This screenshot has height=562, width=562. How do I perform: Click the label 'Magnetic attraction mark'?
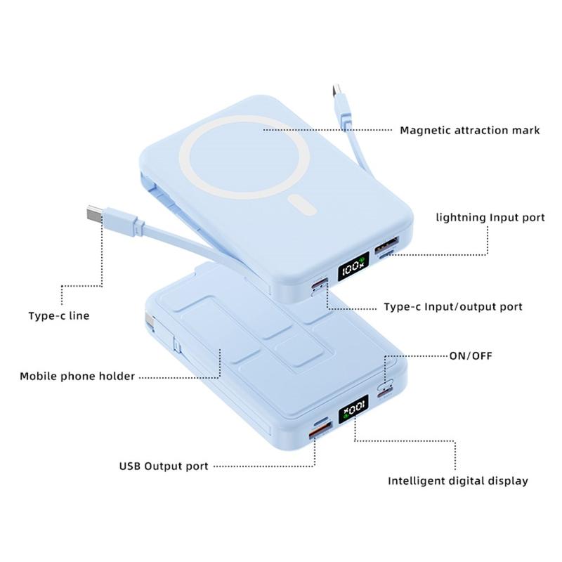coord(469,131)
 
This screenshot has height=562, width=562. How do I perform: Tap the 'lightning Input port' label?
coord(490,218)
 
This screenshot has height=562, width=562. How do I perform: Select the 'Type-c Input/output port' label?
coord(453,307)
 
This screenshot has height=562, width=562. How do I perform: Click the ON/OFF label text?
coord(471,356)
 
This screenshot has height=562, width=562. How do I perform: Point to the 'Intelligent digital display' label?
coord(458,481)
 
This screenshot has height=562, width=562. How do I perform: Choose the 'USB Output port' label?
coord(164,466)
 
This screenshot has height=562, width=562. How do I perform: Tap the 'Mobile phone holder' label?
coord(77,377)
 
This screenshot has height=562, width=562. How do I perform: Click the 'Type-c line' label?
coord(59,315)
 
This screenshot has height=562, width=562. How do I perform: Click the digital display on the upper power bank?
coord(353,266)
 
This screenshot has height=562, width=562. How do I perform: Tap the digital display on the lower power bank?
coord(353,409)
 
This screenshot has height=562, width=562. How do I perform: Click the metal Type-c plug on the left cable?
coord(95,215)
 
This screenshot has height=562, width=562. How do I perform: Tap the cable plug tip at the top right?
coord(337,91)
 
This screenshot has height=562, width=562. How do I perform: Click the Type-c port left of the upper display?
coord(320,283)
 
